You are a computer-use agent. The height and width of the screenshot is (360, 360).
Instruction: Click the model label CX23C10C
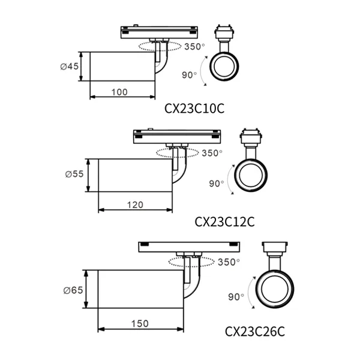(194, 109)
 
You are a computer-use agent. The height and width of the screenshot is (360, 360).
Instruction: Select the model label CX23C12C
(224, 222)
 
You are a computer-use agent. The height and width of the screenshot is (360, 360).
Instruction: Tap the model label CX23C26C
(255, 332)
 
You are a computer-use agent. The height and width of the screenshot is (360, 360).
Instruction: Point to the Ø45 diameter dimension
(70, 67)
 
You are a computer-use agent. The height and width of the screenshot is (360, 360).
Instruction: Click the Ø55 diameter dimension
(74, 174)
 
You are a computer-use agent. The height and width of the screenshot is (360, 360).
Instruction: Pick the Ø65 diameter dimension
(73, 290)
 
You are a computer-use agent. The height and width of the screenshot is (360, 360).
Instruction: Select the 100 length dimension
(119, 92)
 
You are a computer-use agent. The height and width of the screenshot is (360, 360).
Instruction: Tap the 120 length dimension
(135, 205)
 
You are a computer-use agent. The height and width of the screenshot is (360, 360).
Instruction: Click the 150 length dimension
(140, 324)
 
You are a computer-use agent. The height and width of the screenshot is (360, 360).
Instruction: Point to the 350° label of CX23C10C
(194, 47)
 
